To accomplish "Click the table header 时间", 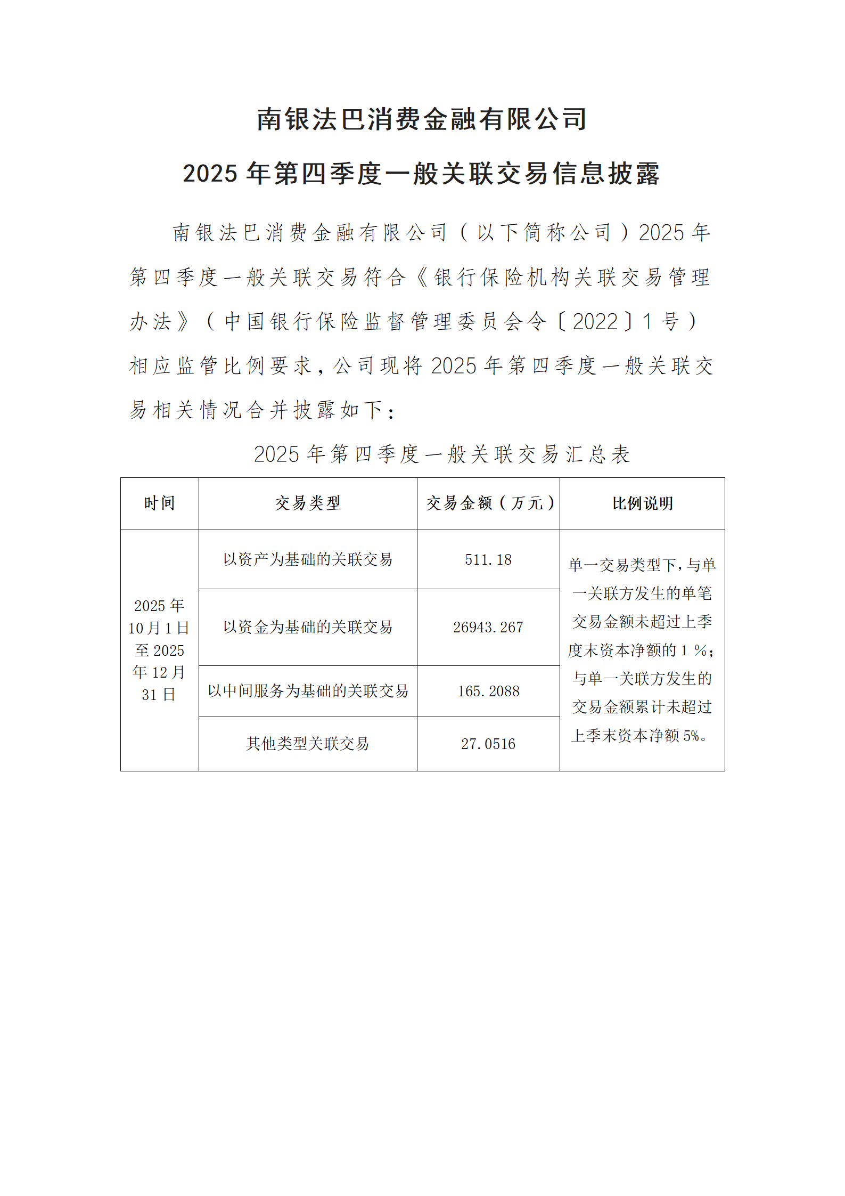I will click(x=159, y=503).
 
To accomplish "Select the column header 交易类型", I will click(x=308, y=503).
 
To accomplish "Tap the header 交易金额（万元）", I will click(x=488, y=503).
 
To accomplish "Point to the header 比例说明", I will click(x=642, y=503).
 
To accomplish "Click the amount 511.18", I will click(x=488, y=559).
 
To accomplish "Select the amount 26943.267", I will click(x=488, y=627).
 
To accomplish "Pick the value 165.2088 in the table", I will click(x=488, y=691).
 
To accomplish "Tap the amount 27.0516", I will click(x=488, y=744).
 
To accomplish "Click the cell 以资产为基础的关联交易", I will click(x=308, y=559).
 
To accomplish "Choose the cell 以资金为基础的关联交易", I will click(x=308, y=627).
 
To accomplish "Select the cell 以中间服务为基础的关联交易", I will click(x=308, y=691).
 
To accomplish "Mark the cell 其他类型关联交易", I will click(x=308, y=744).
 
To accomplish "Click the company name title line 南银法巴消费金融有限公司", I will click(x=422, y=119).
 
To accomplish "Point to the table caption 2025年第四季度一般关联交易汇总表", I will click(x=442, y=454).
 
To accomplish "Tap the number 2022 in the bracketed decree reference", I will click(x=595, y=322).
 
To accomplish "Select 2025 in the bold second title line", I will click(x=210, y=174).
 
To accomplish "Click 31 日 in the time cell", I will click(x=159, y=695).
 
